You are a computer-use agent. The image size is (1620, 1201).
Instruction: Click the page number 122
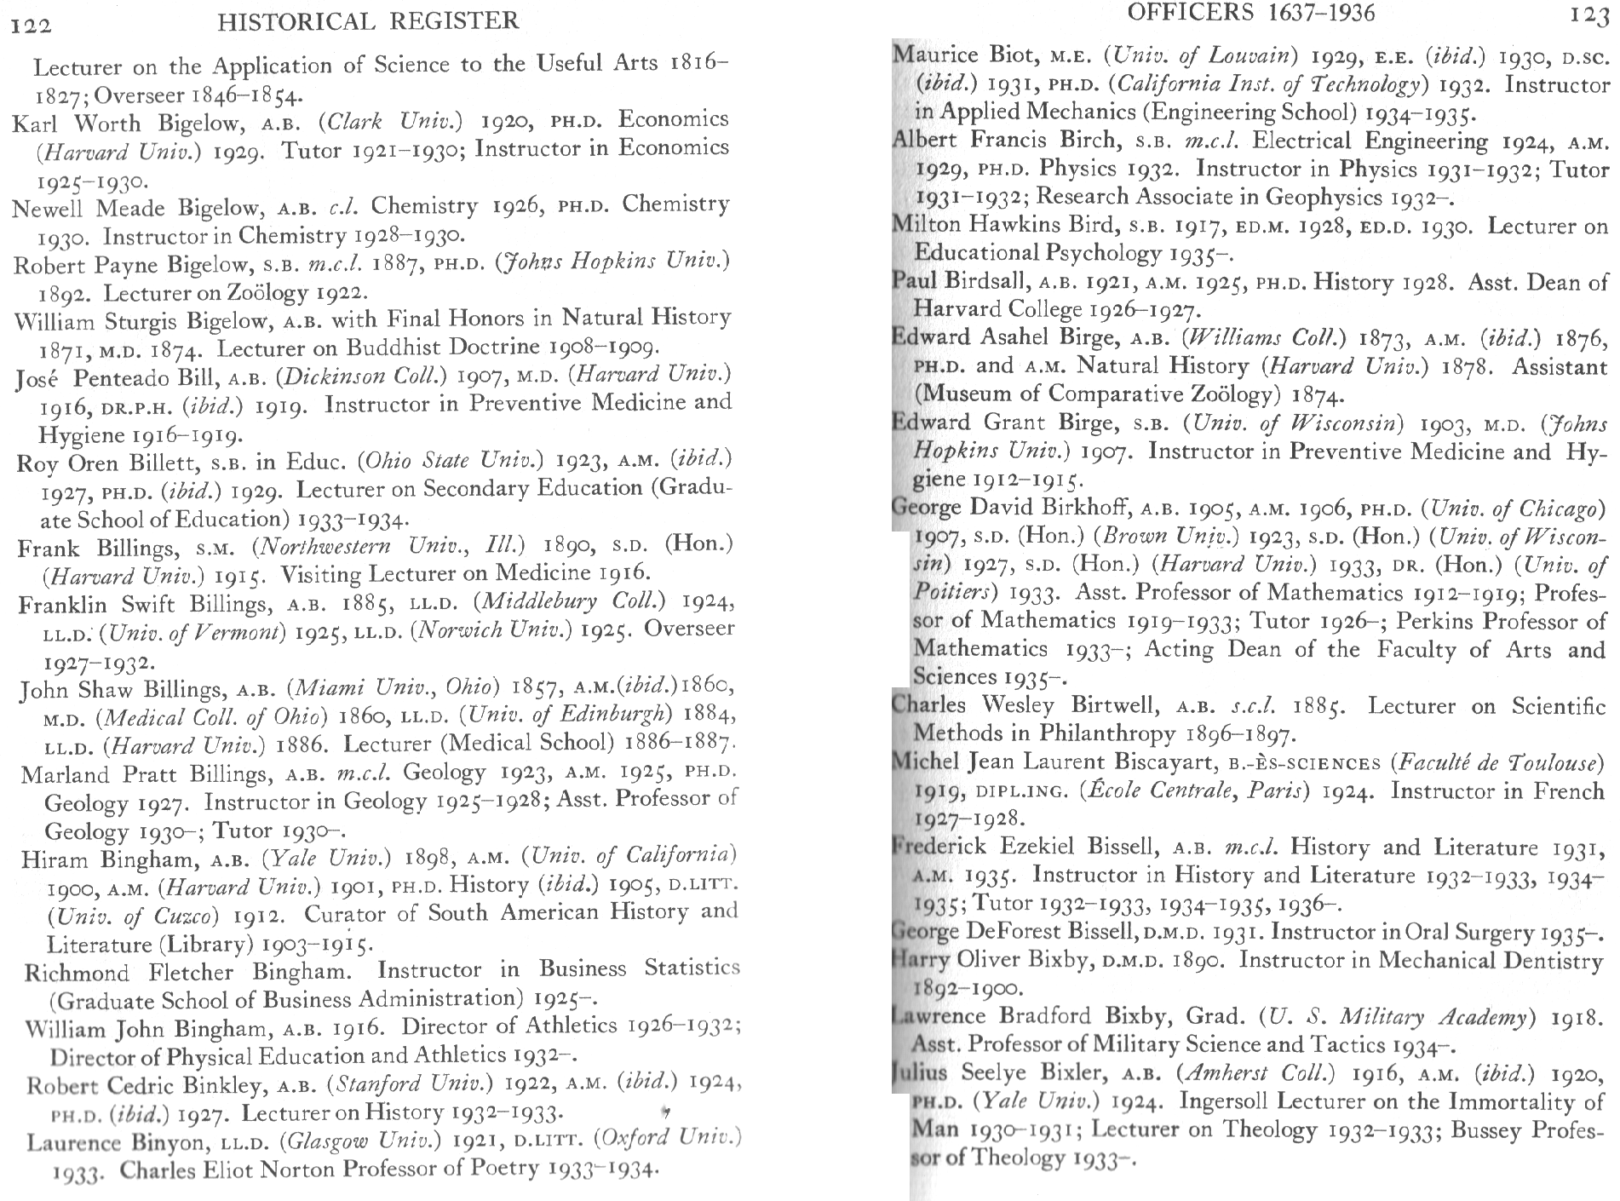coord(31,24)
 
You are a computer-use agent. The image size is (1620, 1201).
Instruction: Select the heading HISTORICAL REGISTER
coord(368,20)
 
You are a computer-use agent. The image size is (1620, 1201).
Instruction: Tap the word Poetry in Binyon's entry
coord(503,1166)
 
